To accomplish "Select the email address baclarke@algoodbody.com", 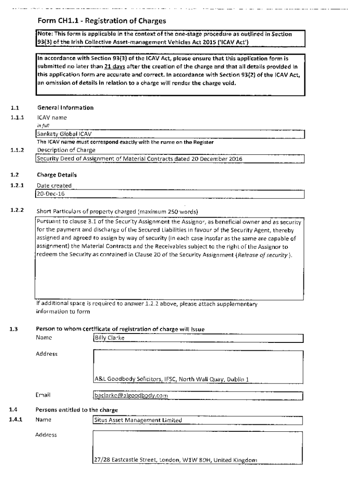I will (131, 396).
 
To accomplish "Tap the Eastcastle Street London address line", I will (175, 460).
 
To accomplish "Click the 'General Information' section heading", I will (65, 108).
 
